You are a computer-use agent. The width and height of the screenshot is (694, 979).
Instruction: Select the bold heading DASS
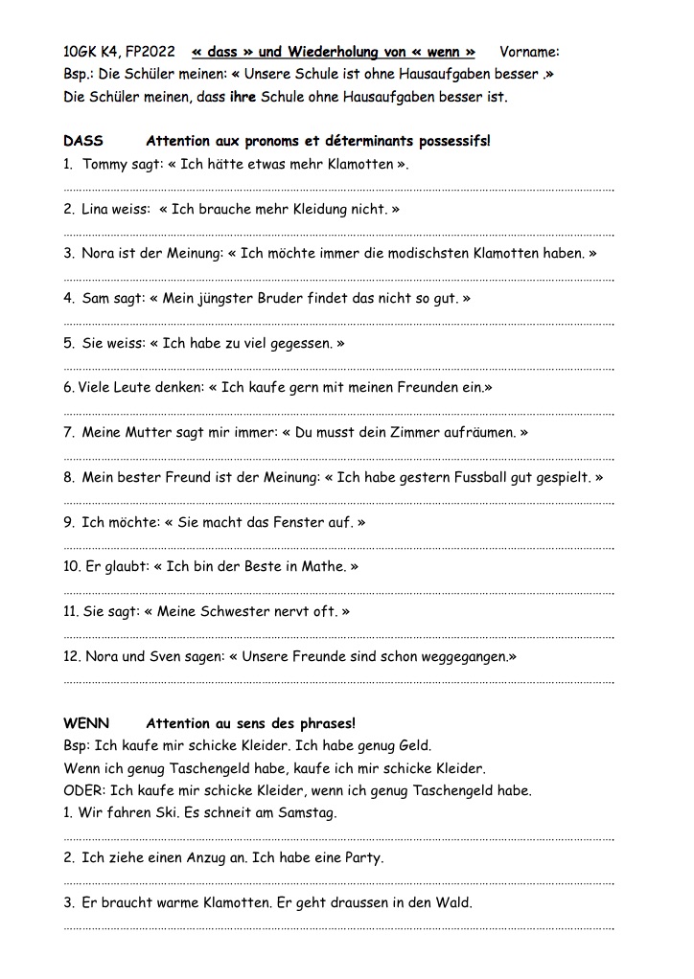tap(83, 141)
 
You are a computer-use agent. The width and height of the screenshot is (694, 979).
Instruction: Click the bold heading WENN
tap(86, 723)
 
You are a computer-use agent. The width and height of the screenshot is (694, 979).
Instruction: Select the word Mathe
tap(321, 566)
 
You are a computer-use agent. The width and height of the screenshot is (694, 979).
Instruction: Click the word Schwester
tap(235, 611)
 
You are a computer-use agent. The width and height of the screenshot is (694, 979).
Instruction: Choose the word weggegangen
tap(463, 657)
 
